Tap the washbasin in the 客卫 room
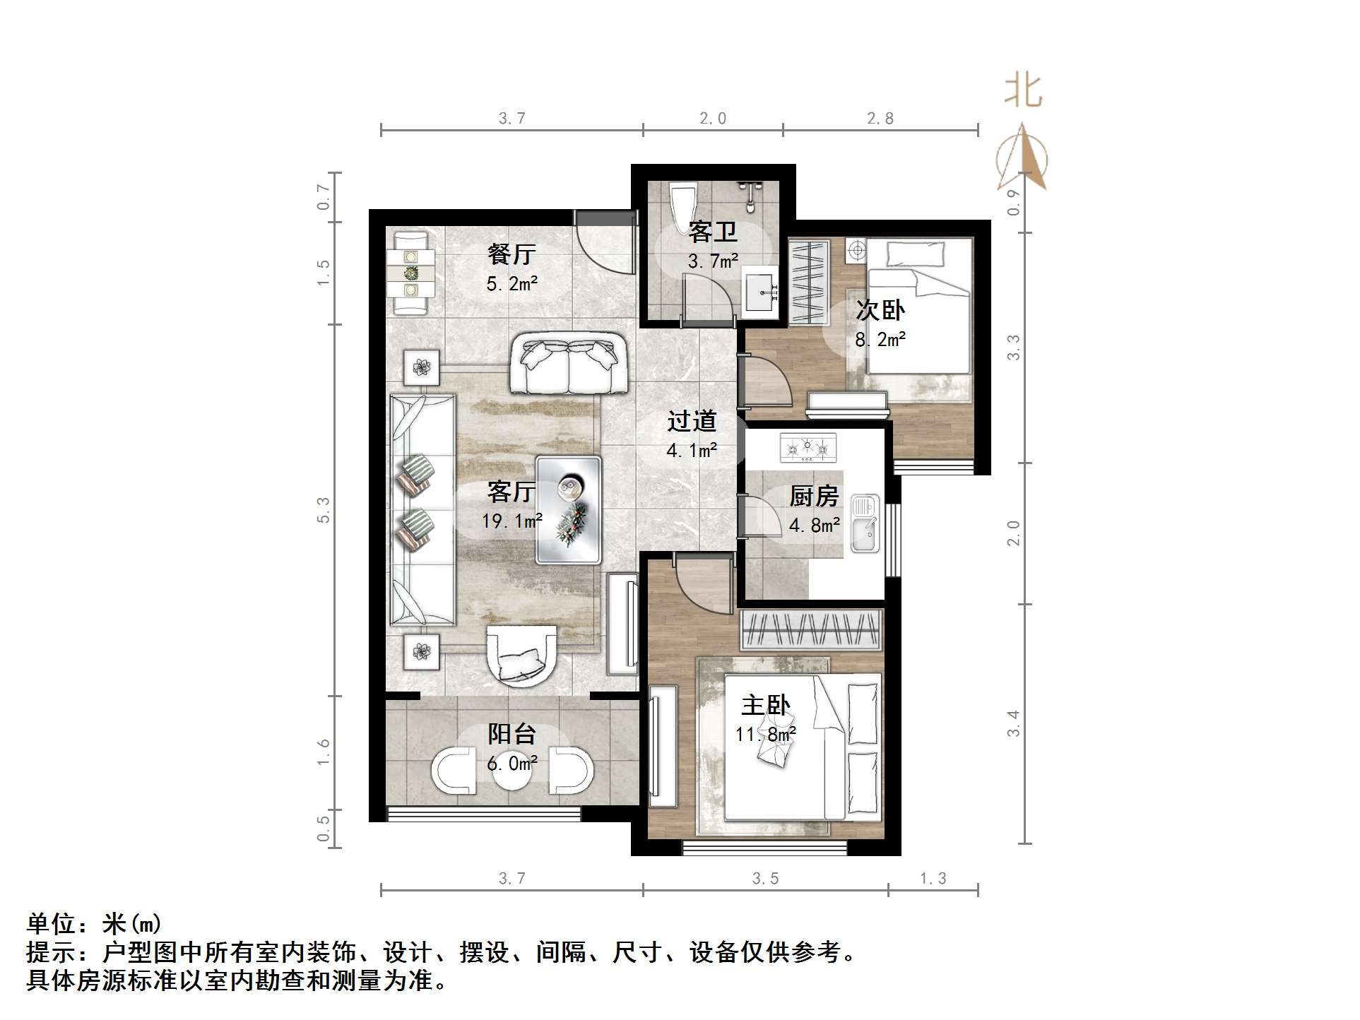click(761, 292)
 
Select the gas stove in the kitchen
click(808, 448)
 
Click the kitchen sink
click(865, 523)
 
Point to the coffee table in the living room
click(569, 509)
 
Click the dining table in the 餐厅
click(410, 273)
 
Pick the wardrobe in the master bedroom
click(811, 628)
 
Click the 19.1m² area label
click(512, 522)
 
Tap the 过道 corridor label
click(692, 422)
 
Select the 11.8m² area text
click(766, 735)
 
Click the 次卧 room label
click(880, 310)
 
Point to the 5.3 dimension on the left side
click(324, 510)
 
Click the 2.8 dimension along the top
click(880, 119)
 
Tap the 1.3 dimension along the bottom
click(933, 879)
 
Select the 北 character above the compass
click(1024, 92)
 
